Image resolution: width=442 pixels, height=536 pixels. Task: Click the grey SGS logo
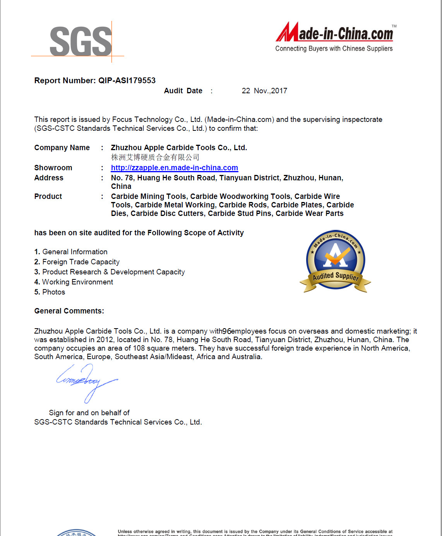pos(81,41)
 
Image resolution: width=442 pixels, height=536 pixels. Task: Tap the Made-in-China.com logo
pos(335,33)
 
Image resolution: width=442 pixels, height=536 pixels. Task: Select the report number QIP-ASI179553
pos(127,80)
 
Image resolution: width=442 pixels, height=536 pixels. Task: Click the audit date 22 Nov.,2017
pos(264,91)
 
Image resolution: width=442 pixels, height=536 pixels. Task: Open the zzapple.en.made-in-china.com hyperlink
pos(174,168)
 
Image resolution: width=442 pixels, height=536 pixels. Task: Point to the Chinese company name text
pos(155,157)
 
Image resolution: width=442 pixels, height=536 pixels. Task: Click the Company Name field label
pos(62,147)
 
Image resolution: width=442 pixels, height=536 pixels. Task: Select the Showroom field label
pos(53,168)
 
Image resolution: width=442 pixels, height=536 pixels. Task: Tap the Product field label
pos(48,196)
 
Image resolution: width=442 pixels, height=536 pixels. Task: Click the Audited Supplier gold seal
pos(336,261)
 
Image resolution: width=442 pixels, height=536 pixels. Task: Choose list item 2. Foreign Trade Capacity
pos(77,262)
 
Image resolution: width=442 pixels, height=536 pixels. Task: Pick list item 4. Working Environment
pos(74,282)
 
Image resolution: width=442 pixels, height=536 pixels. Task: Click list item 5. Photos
pos(50,292)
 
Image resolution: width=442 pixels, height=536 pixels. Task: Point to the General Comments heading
pos(69,311)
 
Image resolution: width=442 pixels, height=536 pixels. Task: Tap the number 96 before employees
pos(227,331)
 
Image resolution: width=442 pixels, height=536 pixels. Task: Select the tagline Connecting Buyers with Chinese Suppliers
pos(334,48)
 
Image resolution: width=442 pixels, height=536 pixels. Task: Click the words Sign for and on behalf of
pos(89,413)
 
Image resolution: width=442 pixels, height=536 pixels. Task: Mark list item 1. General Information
pos(71,252)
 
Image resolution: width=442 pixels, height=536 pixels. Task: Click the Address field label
pos(49,178)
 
